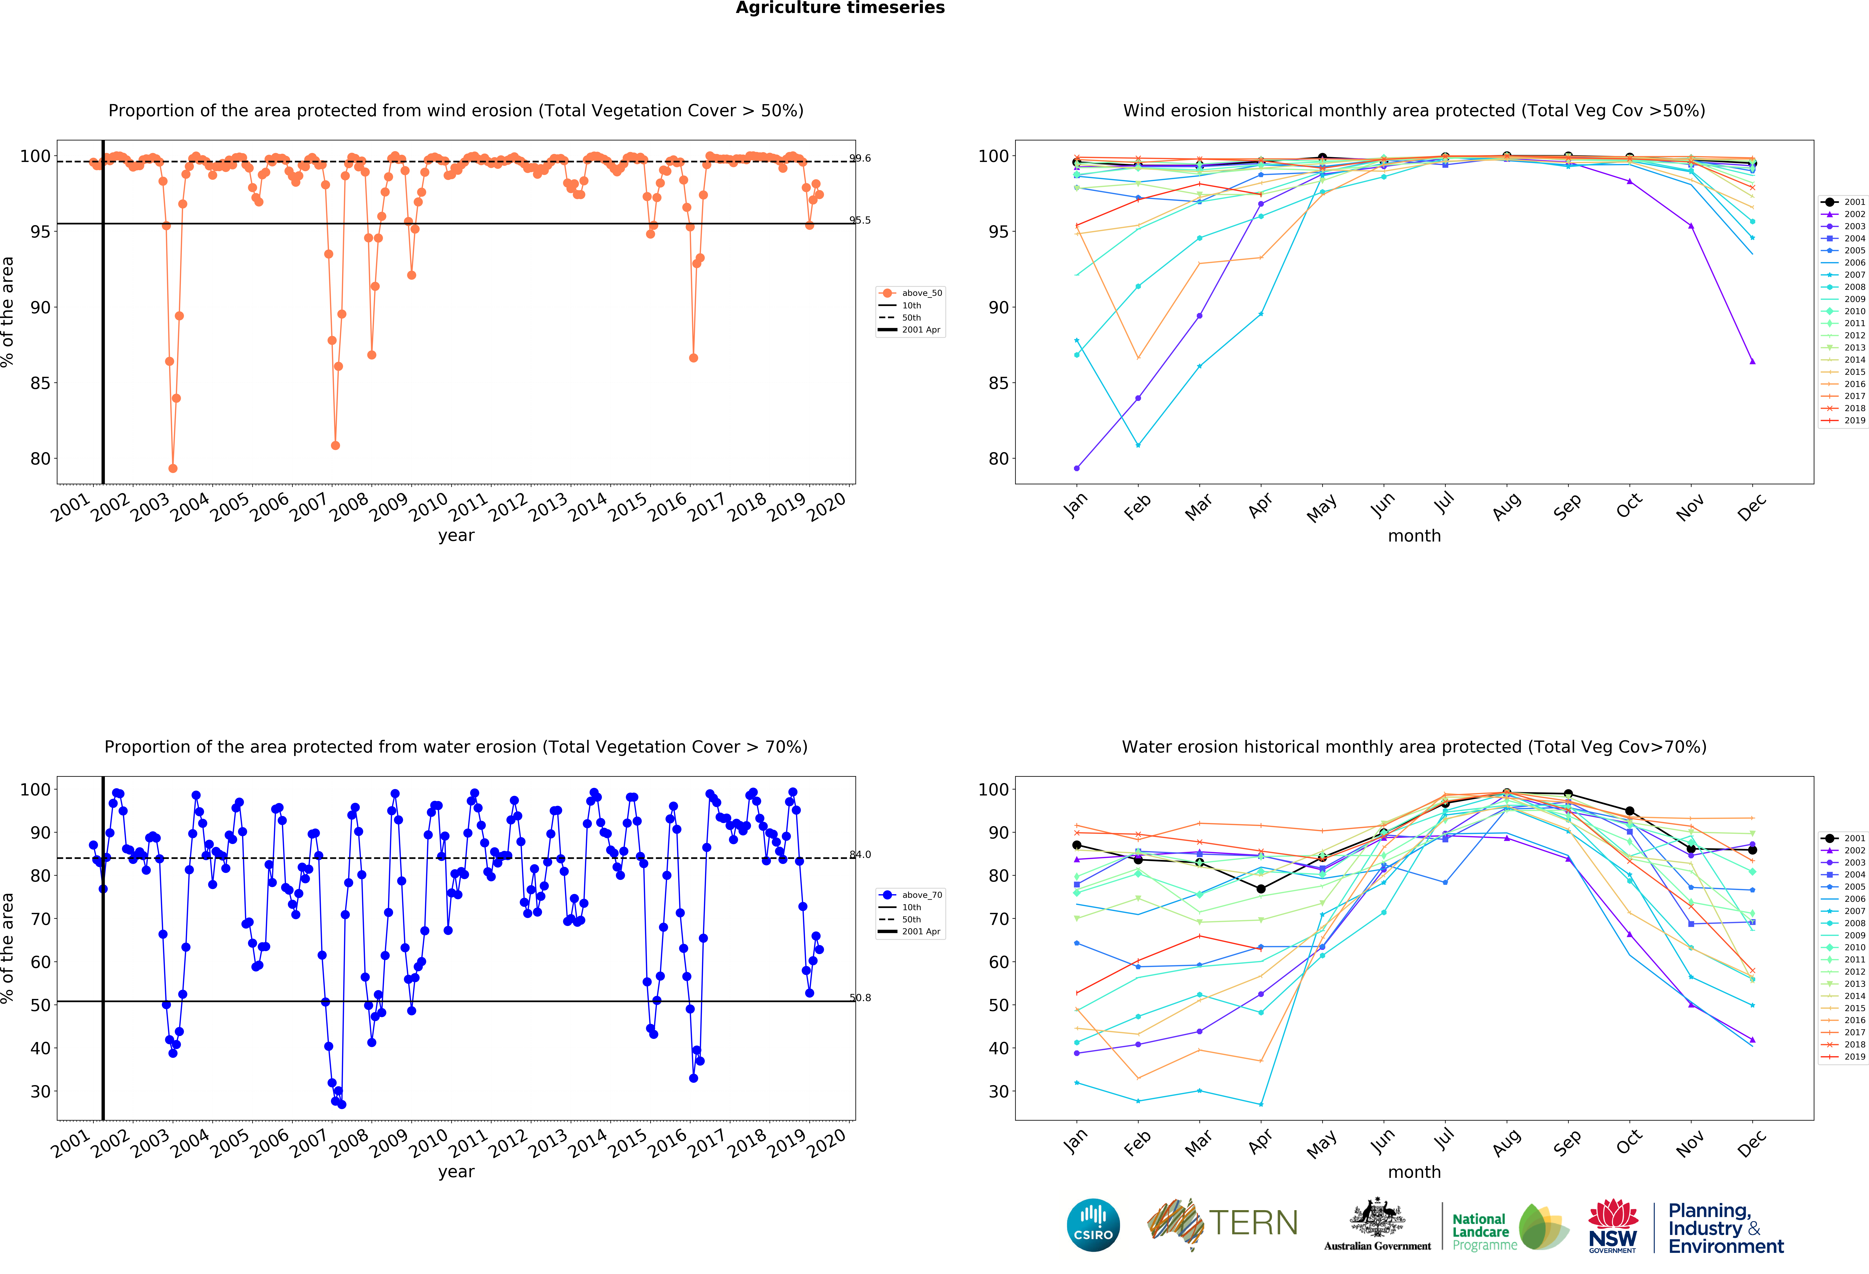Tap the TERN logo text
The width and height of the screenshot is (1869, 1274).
tap(1253, 1223)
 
